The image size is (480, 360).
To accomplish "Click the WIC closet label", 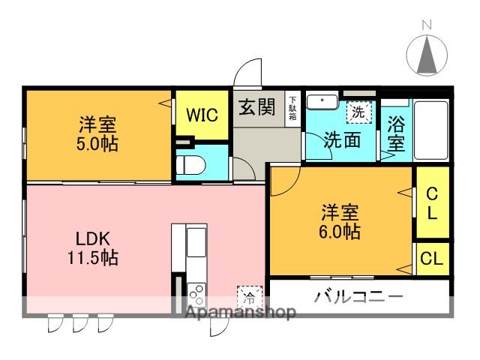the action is tap(202, 115).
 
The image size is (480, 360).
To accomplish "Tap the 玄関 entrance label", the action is tap(257, 107).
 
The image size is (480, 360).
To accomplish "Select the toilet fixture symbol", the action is tap(190, 165).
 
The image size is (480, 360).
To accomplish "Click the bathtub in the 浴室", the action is tap(431, 130).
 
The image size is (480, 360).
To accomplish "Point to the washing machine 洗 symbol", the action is tap(359, 112).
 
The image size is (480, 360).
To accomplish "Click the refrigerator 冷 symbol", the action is tap(250, 297).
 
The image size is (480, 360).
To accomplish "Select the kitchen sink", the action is tap(196, 242).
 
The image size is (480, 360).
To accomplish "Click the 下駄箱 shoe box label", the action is tap(292, 108).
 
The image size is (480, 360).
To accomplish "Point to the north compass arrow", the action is tap(427, 54).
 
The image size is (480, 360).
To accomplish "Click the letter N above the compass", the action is tap(427, 25).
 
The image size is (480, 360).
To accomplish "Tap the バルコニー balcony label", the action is tap(358, 297).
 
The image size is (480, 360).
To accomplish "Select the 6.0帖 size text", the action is tap(340, 232).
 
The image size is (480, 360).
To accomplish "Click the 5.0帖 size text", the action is tap(97, 144).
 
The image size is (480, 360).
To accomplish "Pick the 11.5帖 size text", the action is tap(93, 258).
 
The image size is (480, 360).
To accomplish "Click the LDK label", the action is tap(93, 238).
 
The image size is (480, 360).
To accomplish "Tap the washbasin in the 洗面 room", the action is tap(322, 102).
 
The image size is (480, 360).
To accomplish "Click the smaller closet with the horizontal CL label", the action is tap(432, 259).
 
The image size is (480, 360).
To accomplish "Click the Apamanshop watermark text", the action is tap(241, 312).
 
